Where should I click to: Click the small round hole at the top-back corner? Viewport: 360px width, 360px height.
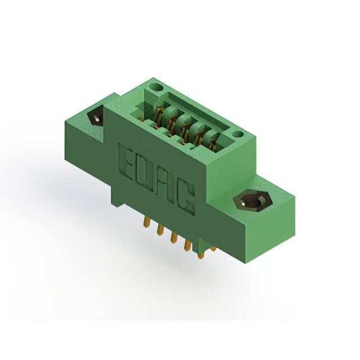click(x=156, y=87)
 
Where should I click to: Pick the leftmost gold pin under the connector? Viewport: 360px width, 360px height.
click(x=147, y=222)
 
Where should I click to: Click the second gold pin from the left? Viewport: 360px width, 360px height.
click(x=160, y=229)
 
